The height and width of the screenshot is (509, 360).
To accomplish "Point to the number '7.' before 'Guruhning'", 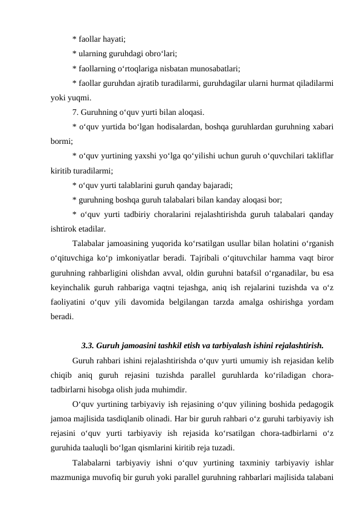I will (76, 112).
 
